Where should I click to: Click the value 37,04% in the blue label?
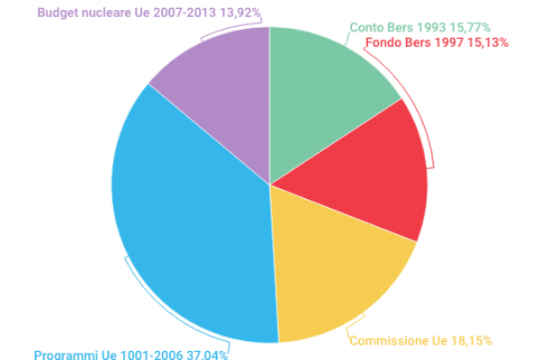coord(205,354)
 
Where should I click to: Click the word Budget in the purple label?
coord(58,13)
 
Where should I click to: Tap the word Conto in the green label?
coord(365,28)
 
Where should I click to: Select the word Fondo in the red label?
coord(384,41)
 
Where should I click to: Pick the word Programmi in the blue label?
coord(64,354)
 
